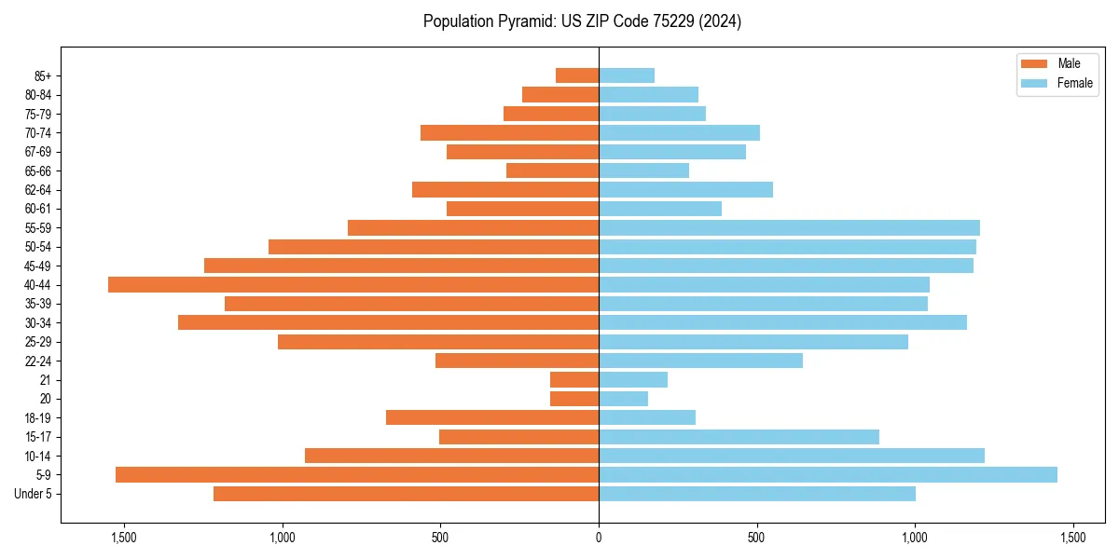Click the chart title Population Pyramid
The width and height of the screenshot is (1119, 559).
point(582,21)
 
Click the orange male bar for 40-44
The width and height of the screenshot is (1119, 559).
point(353,284)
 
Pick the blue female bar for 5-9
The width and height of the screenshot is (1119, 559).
point(828,474)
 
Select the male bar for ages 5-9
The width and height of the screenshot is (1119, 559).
point(357,474)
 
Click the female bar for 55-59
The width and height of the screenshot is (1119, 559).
point(789,227)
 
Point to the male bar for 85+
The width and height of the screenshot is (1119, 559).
point(577,75)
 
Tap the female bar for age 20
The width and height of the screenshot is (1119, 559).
point(623,399)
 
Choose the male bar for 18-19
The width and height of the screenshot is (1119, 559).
point(492,417)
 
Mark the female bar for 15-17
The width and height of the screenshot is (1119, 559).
point(739,437)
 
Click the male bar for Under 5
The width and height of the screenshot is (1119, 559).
point(406,494)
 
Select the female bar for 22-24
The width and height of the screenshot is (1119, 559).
point(700,361)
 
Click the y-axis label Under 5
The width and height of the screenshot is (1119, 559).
point(34,494)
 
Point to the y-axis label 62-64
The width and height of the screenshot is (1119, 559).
point(38,190)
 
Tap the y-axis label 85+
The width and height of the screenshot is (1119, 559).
point(41,75)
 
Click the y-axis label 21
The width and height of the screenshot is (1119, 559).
point(46,380)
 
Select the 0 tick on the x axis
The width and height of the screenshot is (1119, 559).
point(599,537)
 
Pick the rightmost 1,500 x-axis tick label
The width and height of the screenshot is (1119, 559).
point(1072,537)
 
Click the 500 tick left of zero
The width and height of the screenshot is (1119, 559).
point(440,537)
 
